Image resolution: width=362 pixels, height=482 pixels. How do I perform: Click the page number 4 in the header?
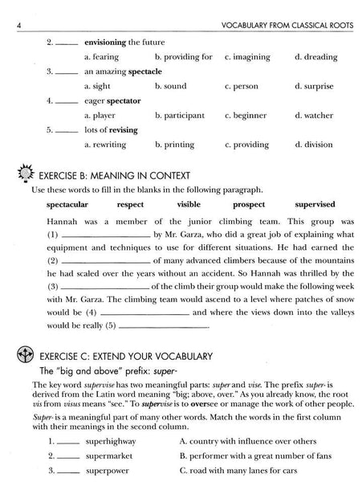pos(7,10)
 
